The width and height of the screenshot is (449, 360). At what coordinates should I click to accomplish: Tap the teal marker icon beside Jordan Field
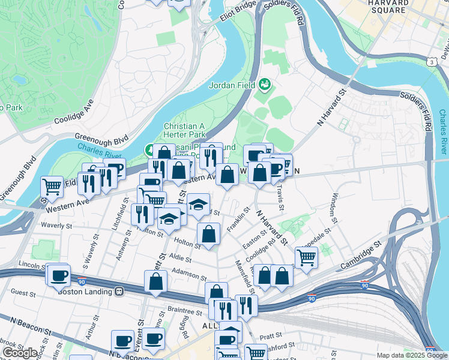[265, 85]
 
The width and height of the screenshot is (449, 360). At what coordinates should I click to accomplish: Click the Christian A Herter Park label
[189, 131]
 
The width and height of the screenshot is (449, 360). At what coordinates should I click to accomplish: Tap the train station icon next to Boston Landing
[119, 291]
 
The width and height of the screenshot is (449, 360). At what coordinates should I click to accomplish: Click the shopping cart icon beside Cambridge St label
[306, 257]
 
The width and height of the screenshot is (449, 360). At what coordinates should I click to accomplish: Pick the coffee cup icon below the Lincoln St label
[59, 275]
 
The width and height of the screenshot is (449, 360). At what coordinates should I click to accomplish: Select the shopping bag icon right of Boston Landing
[155, 281]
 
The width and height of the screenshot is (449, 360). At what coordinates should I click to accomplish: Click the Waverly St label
[56, 226]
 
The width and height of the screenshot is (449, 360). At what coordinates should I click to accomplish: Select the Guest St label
[24, 293]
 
